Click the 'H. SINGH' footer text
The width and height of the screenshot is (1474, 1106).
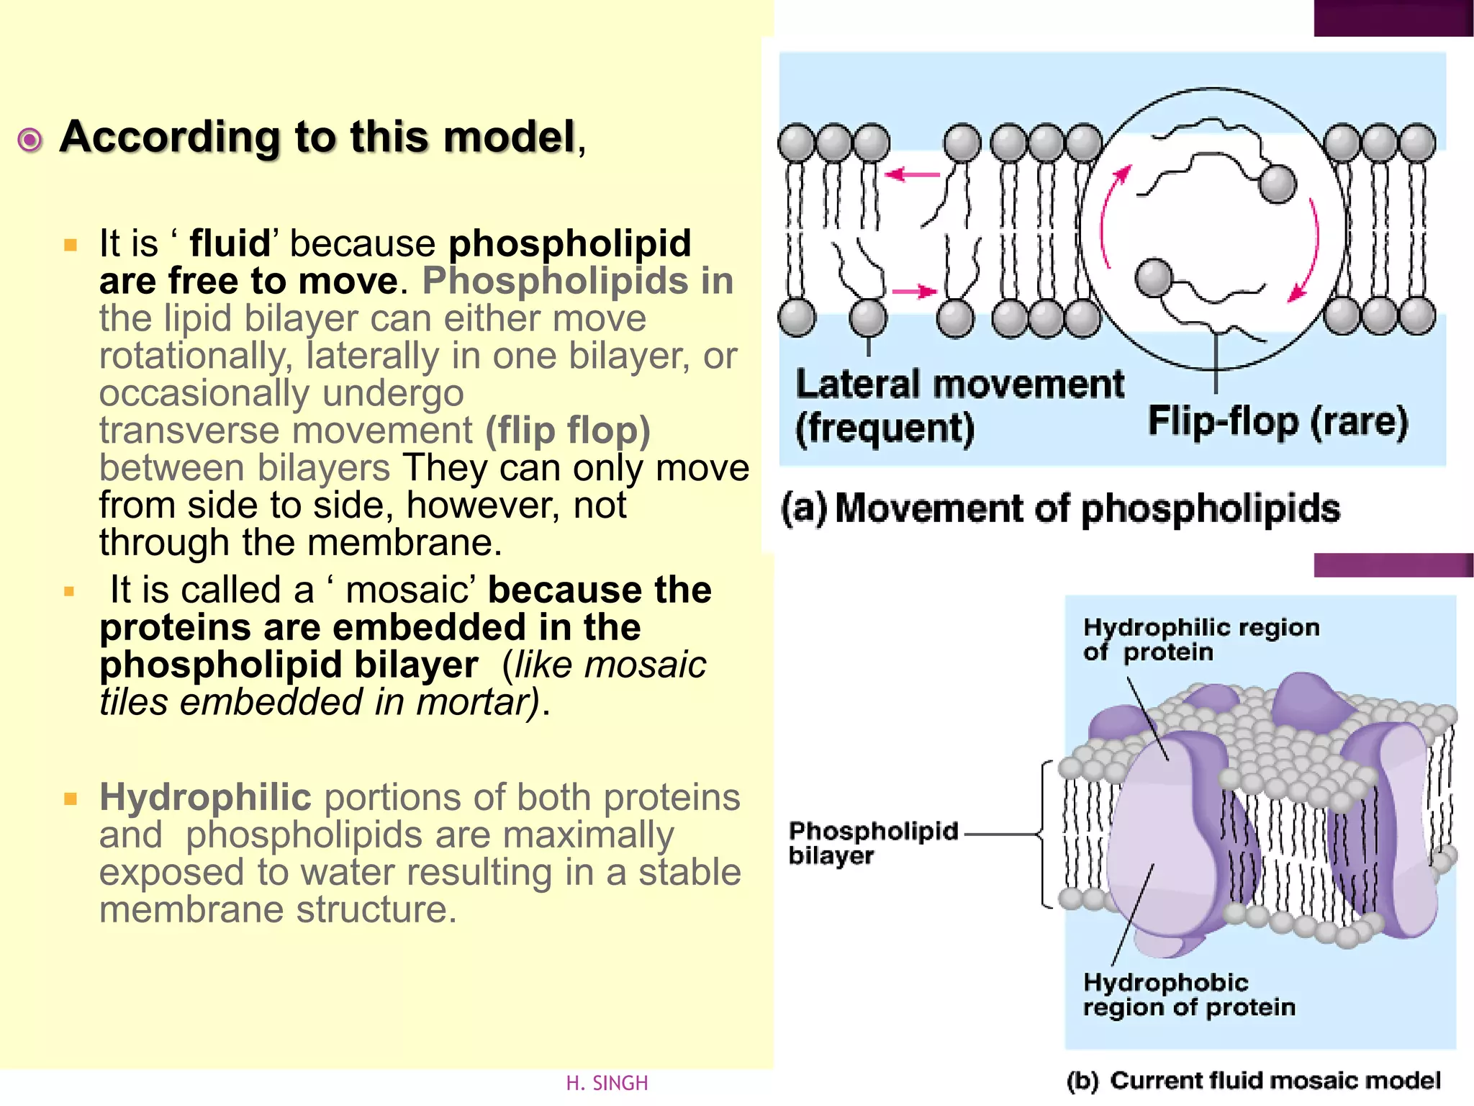tap(607, 1083)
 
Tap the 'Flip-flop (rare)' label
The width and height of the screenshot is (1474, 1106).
tap(1278, 421)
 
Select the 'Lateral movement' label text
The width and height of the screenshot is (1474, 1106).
tap(959, 384)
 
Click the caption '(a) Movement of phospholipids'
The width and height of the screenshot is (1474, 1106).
tap(1060, 508)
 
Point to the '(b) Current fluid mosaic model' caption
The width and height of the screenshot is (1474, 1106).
tap(1253, 1080)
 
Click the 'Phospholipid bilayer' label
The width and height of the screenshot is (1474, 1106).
tap(873, 842)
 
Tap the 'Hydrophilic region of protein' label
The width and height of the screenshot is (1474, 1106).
tap(1201, 639)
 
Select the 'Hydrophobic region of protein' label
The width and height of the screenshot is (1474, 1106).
tap(1189, 994)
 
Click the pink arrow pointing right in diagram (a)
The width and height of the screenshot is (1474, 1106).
tap(915, 292)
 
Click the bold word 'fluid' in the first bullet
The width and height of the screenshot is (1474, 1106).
tap(230, 243)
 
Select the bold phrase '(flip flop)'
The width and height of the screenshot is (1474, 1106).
tap(568, 431)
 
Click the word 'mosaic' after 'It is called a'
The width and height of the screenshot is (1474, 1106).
tap(407, 590)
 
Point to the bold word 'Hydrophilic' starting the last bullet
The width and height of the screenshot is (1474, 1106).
tap(205, 797)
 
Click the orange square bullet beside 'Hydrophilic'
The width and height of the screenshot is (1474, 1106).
tap(70, 799)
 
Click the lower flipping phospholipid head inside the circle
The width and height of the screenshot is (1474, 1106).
tap(1154, 277)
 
